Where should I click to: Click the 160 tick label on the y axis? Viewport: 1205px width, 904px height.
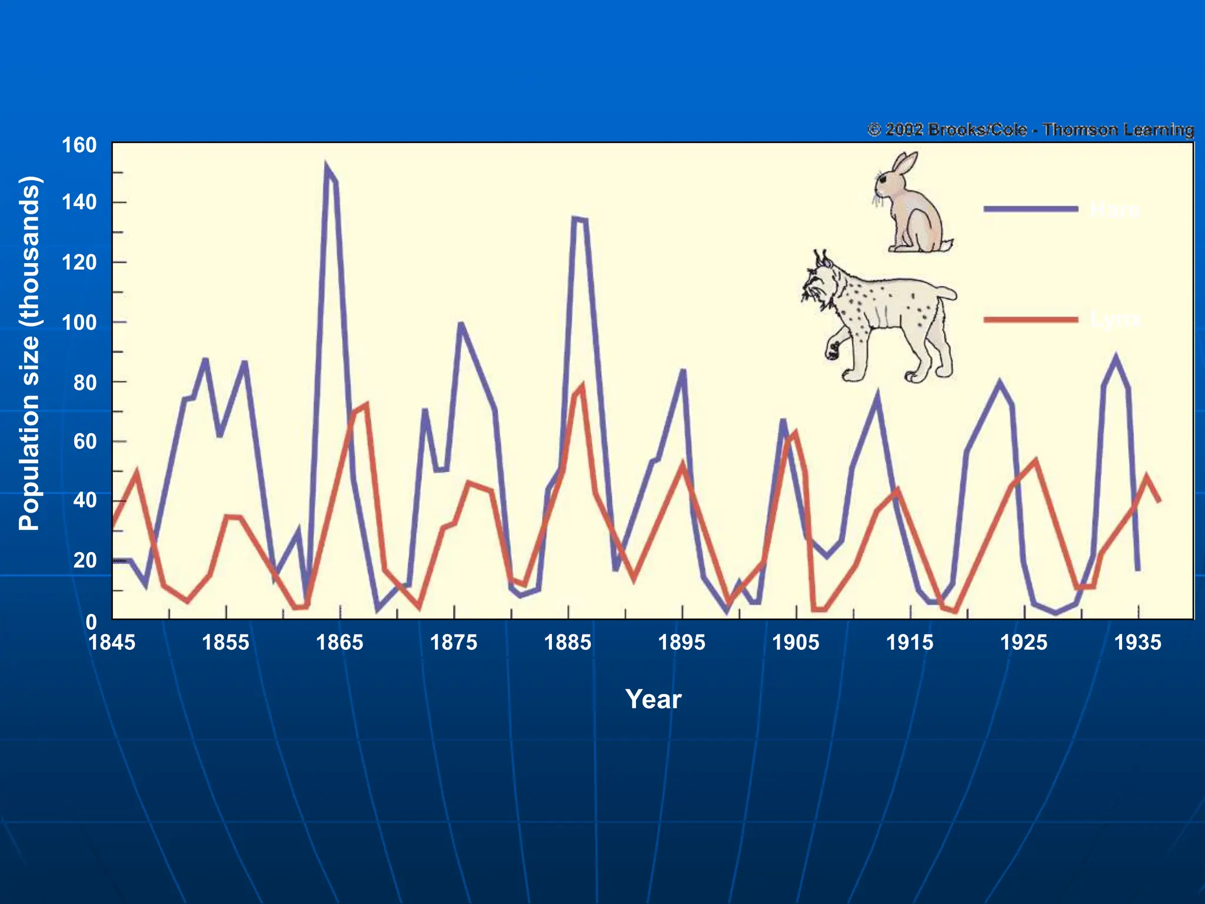(79, 145)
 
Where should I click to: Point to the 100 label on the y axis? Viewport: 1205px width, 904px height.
(79, 323)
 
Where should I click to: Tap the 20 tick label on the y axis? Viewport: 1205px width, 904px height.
(85, 560)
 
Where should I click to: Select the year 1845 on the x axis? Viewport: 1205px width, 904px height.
(112, 642)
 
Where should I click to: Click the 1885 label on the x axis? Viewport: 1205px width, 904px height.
(567, 642)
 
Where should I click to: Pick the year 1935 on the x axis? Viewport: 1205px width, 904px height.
(1137, 642)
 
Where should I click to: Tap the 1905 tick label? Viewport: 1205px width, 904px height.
(795, 642)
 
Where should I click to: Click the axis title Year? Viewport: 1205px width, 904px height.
(653, 699)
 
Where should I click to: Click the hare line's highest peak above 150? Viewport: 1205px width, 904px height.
(326, 166)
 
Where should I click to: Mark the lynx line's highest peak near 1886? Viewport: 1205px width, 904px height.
(582, 386)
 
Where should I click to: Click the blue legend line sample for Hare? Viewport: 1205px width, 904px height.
(1030, 209)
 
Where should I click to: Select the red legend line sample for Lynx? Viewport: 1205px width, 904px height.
(1030, 320)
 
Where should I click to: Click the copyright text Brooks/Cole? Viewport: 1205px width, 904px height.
(977, 129)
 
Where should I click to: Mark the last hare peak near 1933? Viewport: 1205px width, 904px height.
(1116, 357)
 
